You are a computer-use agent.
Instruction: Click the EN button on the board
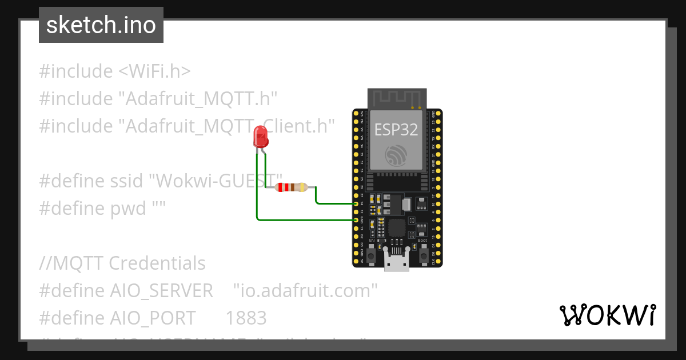(x=371, y=257)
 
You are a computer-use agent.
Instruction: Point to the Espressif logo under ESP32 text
(x=397, y=155)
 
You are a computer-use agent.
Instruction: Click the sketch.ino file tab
(x=101, y=25)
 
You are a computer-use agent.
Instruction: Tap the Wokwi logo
(x=607, y=315)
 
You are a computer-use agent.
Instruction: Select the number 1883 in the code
(x=246, y=318)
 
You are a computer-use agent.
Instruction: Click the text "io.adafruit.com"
(x=306, y=290)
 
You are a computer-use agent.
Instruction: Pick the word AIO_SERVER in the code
(x=161, y=290)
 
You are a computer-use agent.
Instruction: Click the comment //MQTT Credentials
(x=122, y=263)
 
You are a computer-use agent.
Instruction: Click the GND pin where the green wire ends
(x=356, y=219)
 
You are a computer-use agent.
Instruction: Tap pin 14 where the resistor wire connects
(x=356, y=203)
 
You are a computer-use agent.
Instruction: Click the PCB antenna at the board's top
(x=397, y=98)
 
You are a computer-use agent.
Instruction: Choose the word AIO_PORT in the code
(x=152, y=318)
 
